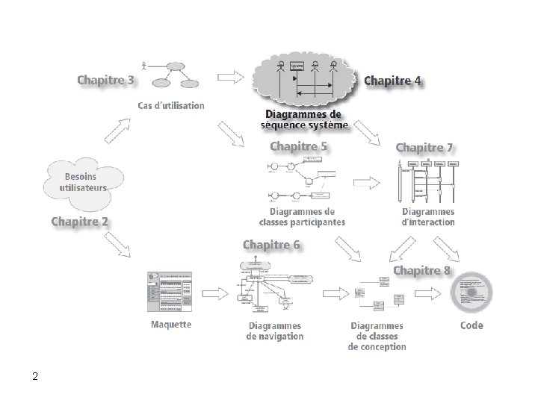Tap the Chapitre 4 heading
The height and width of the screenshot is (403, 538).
click(392, 81)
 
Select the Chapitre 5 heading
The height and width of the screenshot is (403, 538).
click(298, 147)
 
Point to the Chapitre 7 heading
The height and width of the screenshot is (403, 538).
click(424, 148)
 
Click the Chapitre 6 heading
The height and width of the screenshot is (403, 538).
click(272, 245)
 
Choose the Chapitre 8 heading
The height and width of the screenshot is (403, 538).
click(422, 269)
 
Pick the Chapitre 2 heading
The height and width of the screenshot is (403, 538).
click(80, 221)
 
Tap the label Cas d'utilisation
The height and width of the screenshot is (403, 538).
click(171, 105)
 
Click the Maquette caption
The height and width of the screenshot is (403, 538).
click(171, 324)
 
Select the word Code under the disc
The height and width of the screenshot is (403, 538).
click(471, 325)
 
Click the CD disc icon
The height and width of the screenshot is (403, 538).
click(472, 293)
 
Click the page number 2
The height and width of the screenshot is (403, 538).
click(35, 376)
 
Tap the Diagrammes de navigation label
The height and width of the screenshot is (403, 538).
click(275, 331)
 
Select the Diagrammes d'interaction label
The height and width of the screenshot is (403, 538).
click(428, 216)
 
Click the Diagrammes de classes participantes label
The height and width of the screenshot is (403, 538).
click(302, 216)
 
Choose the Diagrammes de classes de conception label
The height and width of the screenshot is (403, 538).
click(377, 336)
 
